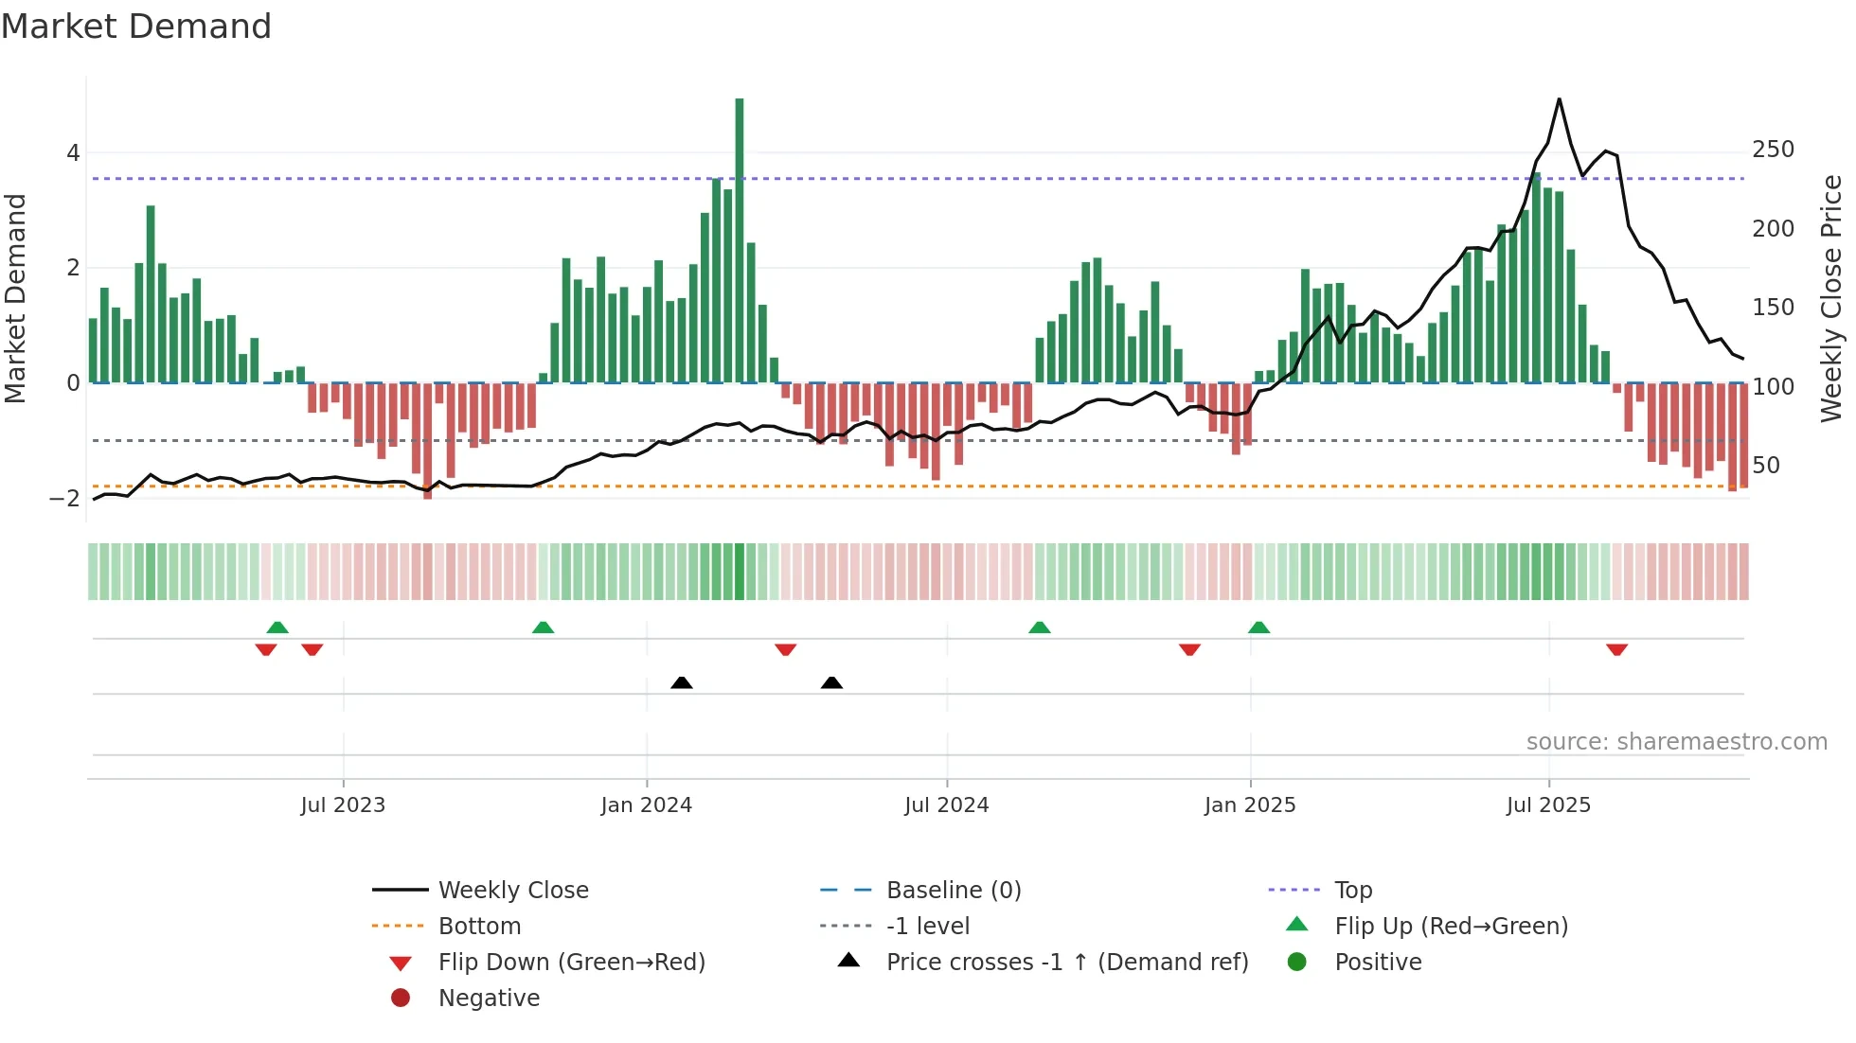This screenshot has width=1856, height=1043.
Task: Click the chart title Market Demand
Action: (x=136, y=27)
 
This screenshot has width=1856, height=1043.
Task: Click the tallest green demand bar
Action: (x=740, y=237)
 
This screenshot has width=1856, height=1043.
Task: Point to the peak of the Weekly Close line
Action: (x=1559, y=99)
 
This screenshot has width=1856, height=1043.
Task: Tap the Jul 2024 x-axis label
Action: (x=946, y=805)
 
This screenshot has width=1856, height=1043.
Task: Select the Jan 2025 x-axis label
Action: (x=1250, y=805)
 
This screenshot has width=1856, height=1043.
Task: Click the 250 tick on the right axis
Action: (x=1773, y=150)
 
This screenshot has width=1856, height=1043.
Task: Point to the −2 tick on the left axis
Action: (x=65, y=498)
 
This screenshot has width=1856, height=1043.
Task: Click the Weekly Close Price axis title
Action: (x=1831, y=298)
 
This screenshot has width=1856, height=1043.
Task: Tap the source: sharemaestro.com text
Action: (x=1676, y=742)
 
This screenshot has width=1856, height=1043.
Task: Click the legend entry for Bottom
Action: (x=479, y=927)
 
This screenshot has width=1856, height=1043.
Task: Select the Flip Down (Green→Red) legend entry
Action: (x=571, y=963)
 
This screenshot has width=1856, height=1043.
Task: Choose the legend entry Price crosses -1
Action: (x=1066, y=963)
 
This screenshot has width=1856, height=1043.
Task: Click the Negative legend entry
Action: (x=489, y=999)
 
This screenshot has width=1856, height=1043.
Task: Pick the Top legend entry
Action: (x=1352, y=891)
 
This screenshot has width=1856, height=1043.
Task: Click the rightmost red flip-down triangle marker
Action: (x=1616, y=649)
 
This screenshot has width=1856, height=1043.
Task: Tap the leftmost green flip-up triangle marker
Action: (x=277, y=628)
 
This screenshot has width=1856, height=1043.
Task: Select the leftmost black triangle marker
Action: (x=681, y=682)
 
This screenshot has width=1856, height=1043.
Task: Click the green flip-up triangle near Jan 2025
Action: (x=1258, y=628)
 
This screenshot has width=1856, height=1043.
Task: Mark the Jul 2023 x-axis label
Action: (x=343, y=805)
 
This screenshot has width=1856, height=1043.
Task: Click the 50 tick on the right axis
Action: (x=1765, y=466)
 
